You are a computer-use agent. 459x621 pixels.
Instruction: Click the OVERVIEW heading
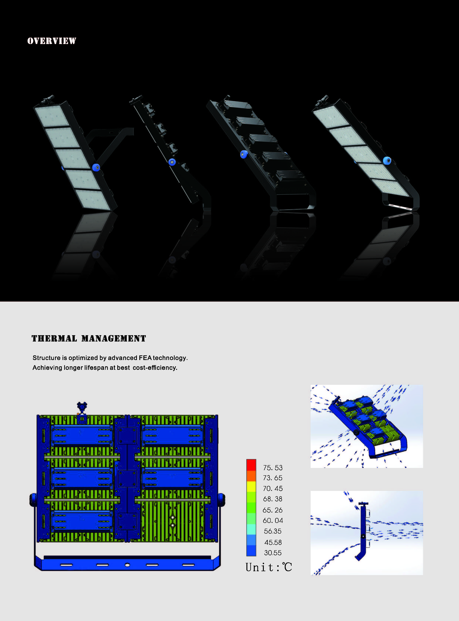[x=52, y=41]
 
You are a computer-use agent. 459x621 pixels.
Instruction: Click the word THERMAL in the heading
[x=54, y=338]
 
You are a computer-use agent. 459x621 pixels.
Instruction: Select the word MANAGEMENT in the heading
[x=114, y=338]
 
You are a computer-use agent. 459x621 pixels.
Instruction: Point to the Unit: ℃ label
[x=269, y=567]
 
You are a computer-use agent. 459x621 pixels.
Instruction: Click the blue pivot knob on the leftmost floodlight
[x=96, y=167]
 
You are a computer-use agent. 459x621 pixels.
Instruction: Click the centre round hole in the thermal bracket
[x=127, y=565]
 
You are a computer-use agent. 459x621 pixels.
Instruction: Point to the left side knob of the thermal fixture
[x=33, y=500]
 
